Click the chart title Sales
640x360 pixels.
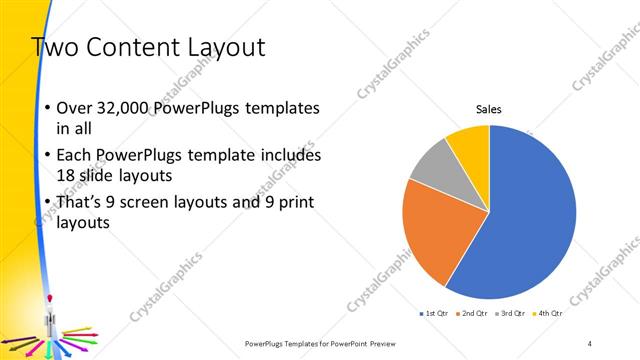pos(488,110)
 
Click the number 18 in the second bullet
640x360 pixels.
pos(70,175)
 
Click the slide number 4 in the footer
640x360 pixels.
pos(590,343)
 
